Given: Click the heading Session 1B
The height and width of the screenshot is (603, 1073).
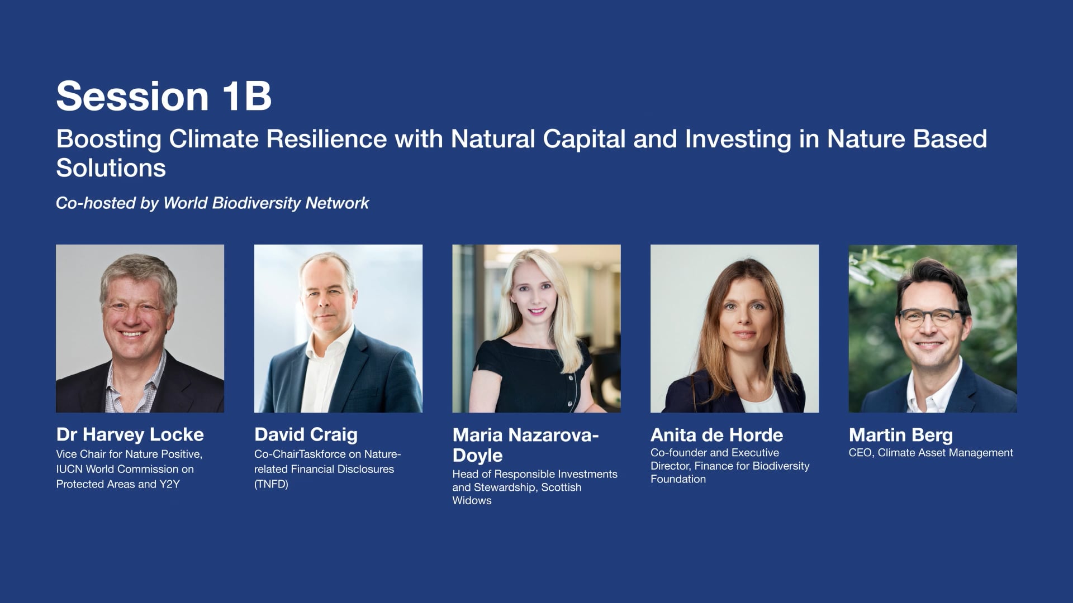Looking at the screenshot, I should [164, 96].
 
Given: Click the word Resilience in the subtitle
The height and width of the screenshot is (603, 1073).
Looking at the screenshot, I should [326, 138].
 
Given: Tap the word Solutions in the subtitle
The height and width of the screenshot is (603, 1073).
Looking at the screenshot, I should [111, 167].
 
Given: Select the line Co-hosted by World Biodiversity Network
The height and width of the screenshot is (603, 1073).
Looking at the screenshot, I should [212, 203].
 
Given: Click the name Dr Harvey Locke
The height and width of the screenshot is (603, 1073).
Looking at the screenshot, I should [130, 434].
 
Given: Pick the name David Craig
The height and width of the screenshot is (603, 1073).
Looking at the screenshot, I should [306, 434].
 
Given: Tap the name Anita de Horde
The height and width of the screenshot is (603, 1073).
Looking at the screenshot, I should [716, 435].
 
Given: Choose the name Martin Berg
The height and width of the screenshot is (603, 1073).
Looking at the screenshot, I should [900, 435].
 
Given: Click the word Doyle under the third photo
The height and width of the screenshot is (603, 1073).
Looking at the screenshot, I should [477, 455].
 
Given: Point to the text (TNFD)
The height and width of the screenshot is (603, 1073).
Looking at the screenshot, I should [271, 484].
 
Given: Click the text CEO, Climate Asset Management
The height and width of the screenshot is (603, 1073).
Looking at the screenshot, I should [930, 453].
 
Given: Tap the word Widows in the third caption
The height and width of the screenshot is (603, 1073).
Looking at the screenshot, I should [472, 501].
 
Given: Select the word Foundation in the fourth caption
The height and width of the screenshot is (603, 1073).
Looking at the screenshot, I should [678, 479].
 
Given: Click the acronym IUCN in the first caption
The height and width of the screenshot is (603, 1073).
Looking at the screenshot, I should [69, 469].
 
